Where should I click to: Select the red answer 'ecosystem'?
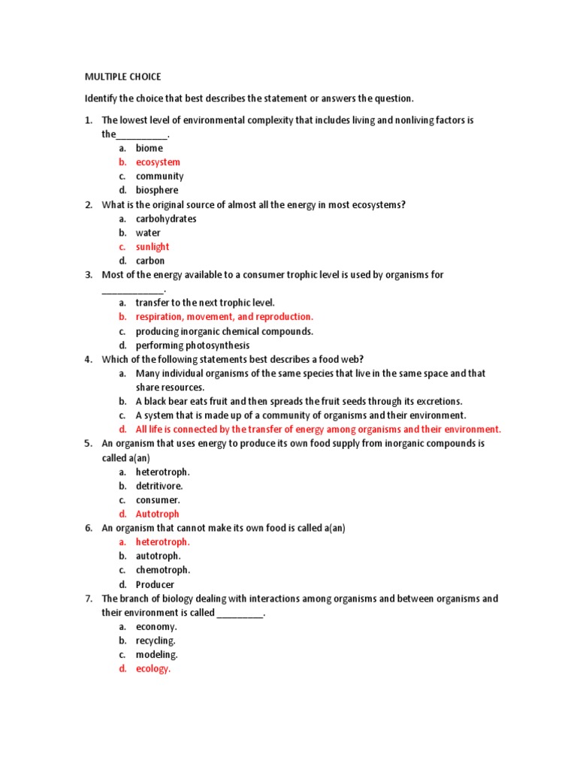click(x=158, y=162)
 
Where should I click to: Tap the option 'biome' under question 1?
click(x=149, y=148)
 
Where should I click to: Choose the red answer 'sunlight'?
click(x=153, y=247)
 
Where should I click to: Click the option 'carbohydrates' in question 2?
click(x=166, y=219)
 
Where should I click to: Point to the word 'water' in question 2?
click(x=148, y=233)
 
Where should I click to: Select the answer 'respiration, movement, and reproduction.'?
click(x=224, y=317)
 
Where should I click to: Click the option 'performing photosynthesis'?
click(x=192, y=345)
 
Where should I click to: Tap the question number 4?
click(x=88, y=359)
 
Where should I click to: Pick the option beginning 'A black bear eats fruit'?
click(x=299, y=401)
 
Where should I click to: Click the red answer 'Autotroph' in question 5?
click(x=157, y=514)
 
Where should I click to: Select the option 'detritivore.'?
click(x=159, y=486)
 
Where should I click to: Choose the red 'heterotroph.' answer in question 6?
click(x=162, y=542)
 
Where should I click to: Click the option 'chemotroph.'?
click(x=162, y=570)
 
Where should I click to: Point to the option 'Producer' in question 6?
click(x=155, y=584)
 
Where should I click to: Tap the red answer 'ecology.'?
click(x=153, y=669)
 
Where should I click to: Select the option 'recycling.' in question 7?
click(x=156, y=641)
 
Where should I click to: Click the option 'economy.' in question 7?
click(x=156, y=626)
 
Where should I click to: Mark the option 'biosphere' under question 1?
click(x=157, y=191)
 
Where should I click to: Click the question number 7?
click(x=88, y=599)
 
